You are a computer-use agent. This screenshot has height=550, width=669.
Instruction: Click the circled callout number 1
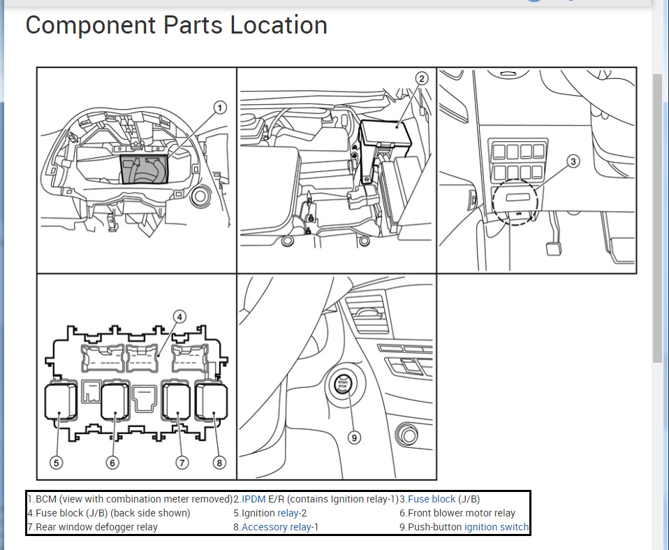coord(220,108)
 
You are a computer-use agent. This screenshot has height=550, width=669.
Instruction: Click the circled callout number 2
coord(422,79)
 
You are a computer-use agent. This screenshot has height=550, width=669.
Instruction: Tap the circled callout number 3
coord(573,162)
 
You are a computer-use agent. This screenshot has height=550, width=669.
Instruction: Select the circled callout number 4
coord(179,317)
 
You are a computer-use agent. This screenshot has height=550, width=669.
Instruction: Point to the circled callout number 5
coord(57,462)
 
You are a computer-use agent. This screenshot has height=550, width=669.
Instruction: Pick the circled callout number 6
coord(112,462)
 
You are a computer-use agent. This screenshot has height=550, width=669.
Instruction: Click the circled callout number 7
coord(182,462)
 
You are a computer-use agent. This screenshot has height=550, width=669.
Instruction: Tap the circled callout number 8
coord(220,462)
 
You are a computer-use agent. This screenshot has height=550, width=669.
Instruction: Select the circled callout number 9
coord(355,437)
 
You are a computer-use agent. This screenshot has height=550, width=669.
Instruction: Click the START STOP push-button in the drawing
coord(343,385)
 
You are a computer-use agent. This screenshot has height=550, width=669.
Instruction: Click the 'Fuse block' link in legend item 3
coord(432,499)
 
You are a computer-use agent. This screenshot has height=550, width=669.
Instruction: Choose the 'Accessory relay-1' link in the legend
coord(279,527)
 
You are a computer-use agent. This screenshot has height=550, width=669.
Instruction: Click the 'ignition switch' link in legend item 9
coord(497,527)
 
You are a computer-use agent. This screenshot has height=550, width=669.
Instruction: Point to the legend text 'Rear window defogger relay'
coord(96,527)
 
